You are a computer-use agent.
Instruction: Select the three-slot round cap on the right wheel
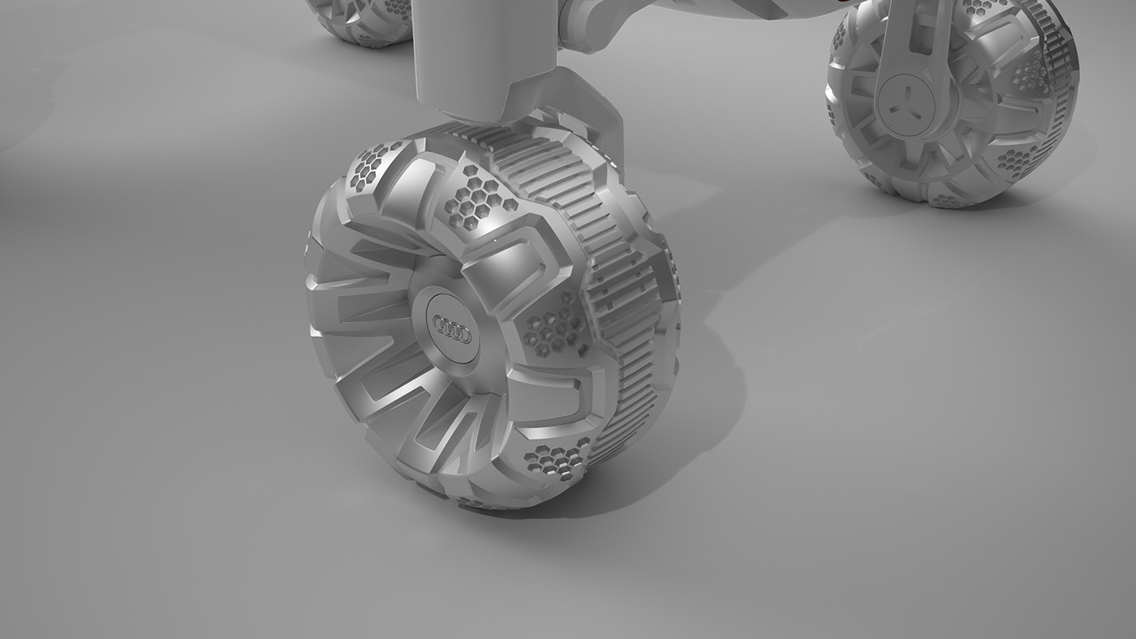pyautogui.click(x=901, y=104)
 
